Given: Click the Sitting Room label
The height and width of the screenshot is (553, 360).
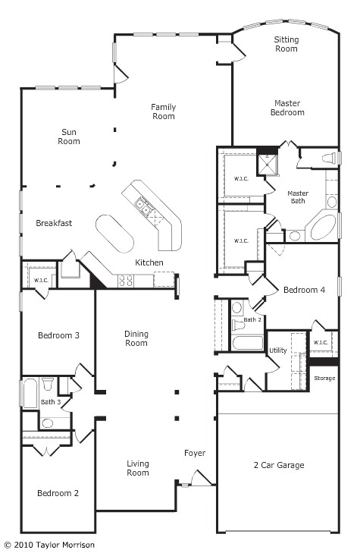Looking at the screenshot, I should tap(286, 44).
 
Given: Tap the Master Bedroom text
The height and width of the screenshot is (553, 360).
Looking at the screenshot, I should tap(289, 108).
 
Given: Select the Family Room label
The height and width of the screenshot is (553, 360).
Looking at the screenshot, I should tap(163, 112).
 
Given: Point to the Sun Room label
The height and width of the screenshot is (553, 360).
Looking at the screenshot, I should tap(70, 137).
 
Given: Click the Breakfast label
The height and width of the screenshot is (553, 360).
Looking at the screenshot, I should tap(54, 223).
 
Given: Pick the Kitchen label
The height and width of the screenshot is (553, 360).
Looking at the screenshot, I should tap(149, 262).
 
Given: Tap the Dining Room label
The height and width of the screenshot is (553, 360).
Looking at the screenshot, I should tap(136, 338).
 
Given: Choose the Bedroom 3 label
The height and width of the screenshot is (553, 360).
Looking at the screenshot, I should tap(58, 335).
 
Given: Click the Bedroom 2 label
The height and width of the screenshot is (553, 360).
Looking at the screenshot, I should tap(58, 493).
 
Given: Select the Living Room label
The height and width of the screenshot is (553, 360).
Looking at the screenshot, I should tap(138, 468).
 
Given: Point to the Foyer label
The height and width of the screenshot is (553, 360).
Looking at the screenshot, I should tap(195, 454).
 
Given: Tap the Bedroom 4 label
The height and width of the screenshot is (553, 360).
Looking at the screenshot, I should tap(304, 290).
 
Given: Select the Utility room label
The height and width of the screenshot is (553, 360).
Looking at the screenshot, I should tap(278, 350).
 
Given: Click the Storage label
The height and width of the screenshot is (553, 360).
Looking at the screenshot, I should tap(324, 378).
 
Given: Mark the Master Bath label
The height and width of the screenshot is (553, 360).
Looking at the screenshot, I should tap(298, 198).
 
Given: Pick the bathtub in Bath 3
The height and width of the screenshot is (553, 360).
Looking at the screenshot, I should tap(29, 393).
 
